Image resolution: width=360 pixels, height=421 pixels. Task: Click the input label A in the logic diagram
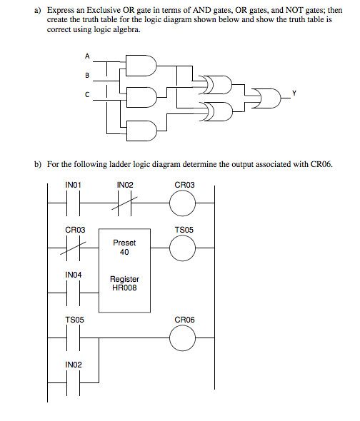click(88, 55)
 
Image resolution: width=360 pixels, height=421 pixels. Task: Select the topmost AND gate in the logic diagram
click(144, 66)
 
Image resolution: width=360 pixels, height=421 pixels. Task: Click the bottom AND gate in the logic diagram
click(144, 130)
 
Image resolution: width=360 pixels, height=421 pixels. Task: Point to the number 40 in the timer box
click(124, 251)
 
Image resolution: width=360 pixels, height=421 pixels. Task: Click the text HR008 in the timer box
click(124, 289)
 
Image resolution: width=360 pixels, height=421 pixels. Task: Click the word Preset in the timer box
click(124, 242)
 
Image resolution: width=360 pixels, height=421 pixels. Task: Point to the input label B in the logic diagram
click(87, 74)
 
